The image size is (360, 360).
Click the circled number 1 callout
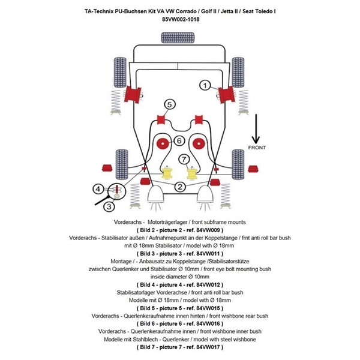(205, 86)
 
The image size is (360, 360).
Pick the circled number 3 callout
(109, 206)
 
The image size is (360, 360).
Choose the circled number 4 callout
(98, 190)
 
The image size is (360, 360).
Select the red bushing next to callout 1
(227, 94)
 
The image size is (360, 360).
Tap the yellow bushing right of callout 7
(192, 173)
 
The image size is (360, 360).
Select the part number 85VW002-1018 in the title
(181, 19)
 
